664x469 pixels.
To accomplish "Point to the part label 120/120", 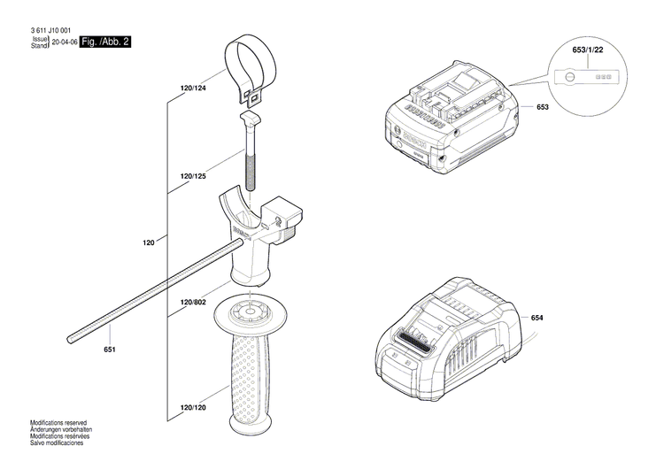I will tap(193, 408).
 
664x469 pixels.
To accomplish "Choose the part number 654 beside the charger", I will tap(537, 318).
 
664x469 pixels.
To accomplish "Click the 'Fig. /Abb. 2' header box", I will tap(104, 42).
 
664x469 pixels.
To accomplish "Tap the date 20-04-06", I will tap(65, 42).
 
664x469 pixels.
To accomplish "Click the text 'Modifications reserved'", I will tap(60, 423).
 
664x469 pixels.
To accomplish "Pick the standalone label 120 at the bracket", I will tap(149, 242).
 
